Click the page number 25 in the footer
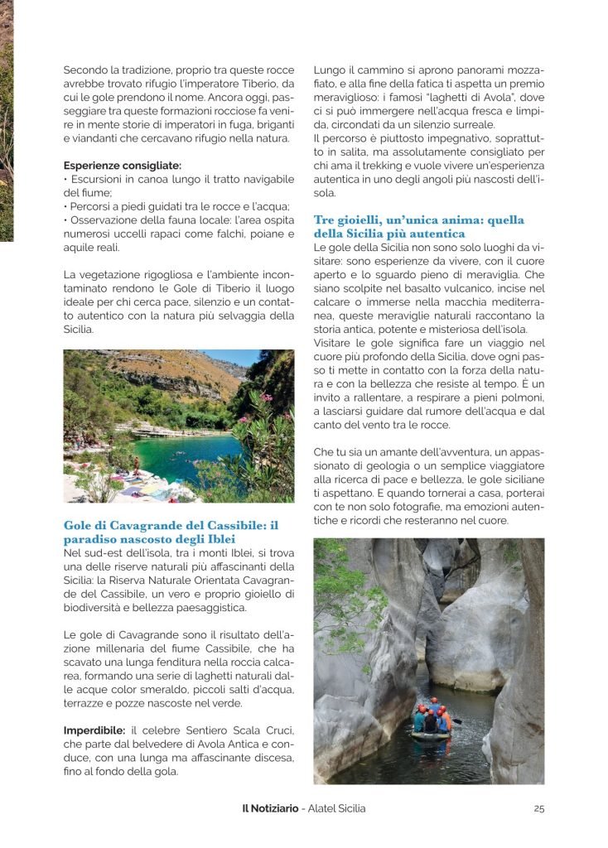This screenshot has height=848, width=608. coord(539,808)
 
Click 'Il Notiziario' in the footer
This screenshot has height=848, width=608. coord(263,808)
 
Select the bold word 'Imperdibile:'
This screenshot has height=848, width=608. coord(94,730)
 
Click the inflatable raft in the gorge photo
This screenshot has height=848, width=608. coord(432,732)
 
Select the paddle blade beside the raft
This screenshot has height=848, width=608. coord(456,722)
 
